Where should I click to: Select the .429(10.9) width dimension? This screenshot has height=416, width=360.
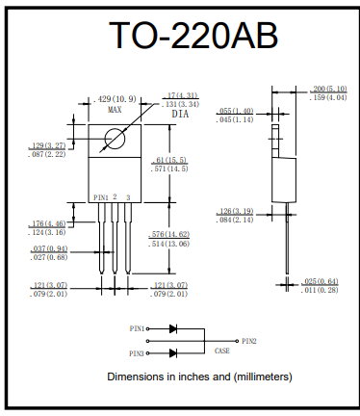116,98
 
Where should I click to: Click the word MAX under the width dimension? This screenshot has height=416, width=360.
115,110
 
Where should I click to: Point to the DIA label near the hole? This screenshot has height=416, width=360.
180,114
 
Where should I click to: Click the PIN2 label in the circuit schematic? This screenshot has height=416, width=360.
249,340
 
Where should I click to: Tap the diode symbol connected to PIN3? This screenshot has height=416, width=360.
173,352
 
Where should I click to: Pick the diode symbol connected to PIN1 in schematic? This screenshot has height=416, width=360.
173,328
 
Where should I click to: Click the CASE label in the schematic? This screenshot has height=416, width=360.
221,351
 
